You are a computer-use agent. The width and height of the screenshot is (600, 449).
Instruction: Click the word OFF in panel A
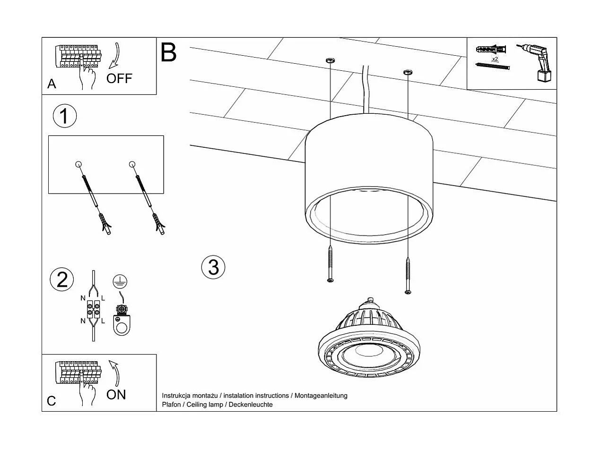click(119, 78)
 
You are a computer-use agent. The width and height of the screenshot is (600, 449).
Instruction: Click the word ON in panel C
click(116, 394)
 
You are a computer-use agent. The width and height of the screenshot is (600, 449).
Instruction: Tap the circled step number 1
click(65, 116)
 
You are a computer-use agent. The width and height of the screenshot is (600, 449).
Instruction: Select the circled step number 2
click(62, 280)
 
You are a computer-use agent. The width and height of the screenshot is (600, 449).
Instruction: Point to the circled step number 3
click(213, 267)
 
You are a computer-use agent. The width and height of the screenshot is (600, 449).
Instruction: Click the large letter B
click(168, 52)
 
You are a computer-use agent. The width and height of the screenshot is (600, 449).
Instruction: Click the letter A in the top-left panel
click(52, 84)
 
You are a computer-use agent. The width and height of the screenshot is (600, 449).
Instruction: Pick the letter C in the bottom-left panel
click(52, 401)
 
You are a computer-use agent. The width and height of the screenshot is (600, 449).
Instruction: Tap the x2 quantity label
click(495, 59)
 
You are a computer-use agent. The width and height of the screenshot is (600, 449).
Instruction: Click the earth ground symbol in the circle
click(120, 282)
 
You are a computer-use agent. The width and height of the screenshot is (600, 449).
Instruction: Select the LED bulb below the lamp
click(369, 342)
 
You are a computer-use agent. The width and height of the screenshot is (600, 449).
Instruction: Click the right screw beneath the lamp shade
click(408, 275)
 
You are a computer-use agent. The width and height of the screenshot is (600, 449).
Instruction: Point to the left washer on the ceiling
click(330, 60)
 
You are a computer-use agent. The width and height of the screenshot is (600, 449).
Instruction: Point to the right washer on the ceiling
click(407, 72)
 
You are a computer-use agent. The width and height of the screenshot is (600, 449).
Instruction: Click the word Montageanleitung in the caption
click(321, 396)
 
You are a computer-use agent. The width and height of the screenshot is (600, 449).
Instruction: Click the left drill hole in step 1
click(78, 164)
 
